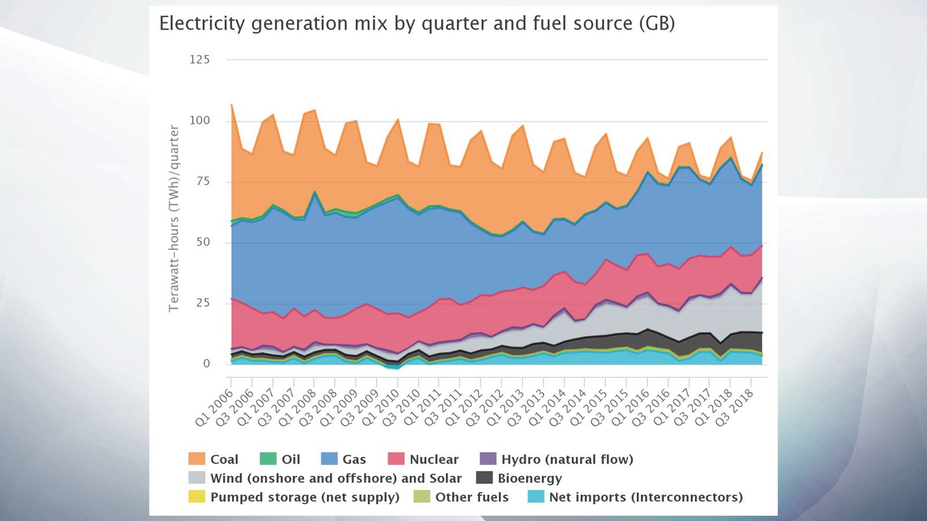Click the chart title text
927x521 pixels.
[417, 24]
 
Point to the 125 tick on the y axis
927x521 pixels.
[199, 60]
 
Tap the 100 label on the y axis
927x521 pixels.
[199, 120]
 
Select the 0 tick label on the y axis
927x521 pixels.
[206, 364]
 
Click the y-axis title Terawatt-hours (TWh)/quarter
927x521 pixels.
[174, 219]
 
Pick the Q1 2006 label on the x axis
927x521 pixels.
[214, 408]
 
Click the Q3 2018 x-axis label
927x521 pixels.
[735, 408]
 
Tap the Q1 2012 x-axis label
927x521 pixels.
[464, 408]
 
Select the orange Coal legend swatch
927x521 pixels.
[197, 459]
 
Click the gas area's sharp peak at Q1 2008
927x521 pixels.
[314, 193]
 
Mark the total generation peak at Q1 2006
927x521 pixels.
[232, 105]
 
